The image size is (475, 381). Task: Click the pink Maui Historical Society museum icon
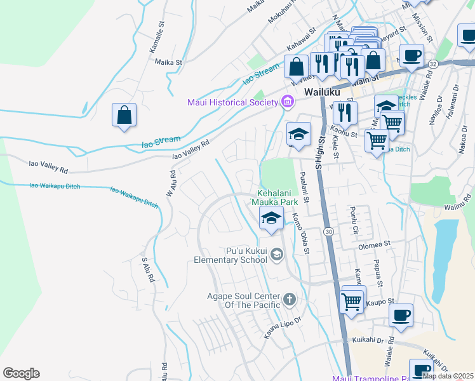coord(287,102)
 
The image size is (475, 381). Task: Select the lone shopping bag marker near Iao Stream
coord(124,116)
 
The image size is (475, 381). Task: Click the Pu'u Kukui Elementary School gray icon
coord(277,255)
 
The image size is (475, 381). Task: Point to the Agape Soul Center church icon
coord(289,299)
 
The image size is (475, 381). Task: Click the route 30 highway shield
coord(328,231)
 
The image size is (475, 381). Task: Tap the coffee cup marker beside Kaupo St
coord(401,315)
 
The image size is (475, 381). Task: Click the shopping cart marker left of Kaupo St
coord(352,301)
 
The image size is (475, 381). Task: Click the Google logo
coord(21,373)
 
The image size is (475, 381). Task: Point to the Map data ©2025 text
coord(448,376)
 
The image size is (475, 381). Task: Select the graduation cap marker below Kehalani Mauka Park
coord(271,218)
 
